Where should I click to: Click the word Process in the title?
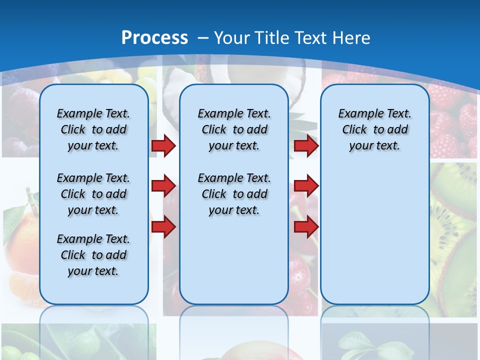click(x=154, y=37)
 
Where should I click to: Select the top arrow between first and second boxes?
click(x=163, y=145)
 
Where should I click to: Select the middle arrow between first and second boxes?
click(x=163, y=186)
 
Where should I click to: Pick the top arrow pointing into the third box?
click(x=306, y=145)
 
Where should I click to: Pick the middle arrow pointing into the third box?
click(x=306, y=186)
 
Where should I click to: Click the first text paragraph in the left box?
click(x=93, y=129)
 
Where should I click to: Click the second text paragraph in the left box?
click(x=93, y=194)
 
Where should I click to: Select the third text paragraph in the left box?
click(x=93, y=255)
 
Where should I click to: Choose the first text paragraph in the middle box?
click(x=234, y=129)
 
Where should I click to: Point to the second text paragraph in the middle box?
click(x=234, y=194)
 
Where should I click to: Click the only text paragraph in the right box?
click(x=374, y=129)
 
